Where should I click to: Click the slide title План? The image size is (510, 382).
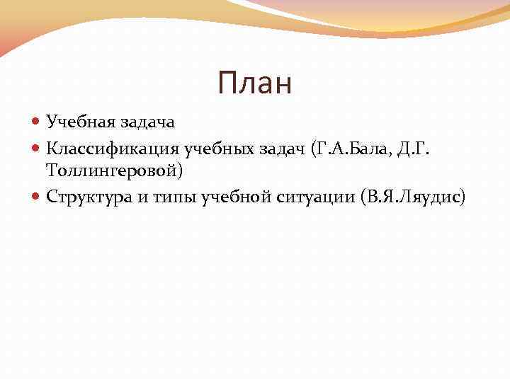click(x=255, y=83)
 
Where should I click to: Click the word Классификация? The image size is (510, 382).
click(x=113, y=148)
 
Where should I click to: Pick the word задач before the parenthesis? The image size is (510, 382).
click(x=281, y=148)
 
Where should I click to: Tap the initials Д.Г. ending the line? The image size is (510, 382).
click(x=410, y=148)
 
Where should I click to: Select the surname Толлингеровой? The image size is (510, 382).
click(x=112, y=170)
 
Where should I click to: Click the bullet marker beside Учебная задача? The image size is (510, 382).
click(x=38, y=122)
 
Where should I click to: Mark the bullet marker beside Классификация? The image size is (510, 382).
click(x=38, y=148)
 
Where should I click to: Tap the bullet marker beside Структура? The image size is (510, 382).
click(x=38, y=197)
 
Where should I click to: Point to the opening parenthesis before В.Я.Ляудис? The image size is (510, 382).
click(x=363, y=197)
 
